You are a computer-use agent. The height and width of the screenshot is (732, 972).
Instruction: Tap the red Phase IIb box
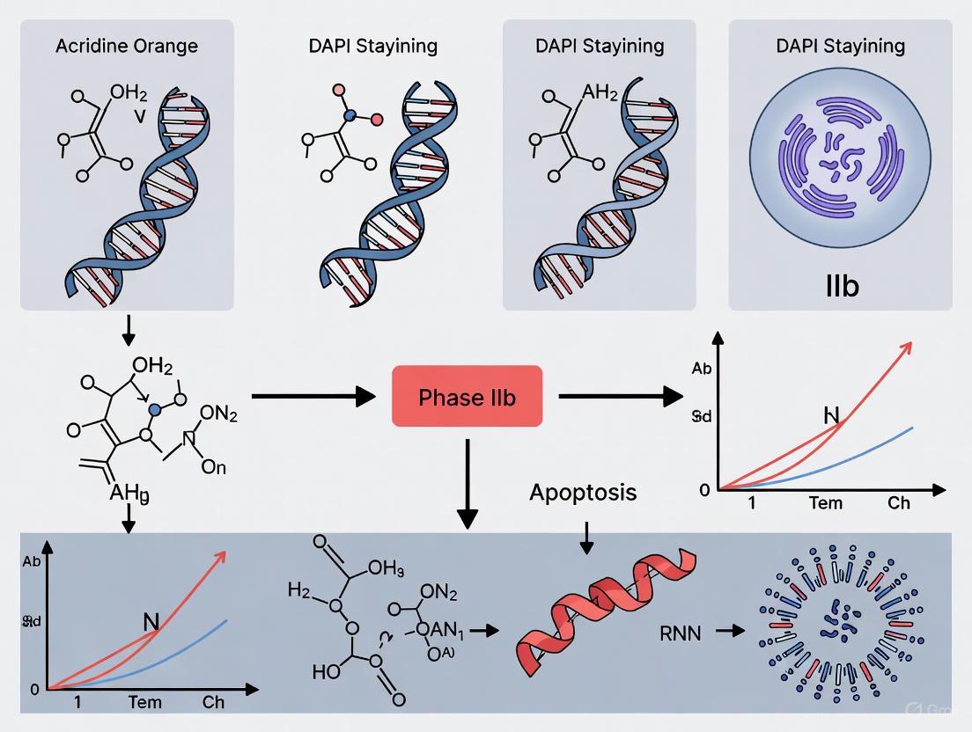[467, 397]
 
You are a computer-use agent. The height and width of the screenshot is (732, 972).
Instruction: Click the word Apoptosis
[582, 492]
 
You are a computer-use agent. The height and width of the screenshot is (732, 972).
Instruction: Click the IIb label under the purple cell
[842, 286]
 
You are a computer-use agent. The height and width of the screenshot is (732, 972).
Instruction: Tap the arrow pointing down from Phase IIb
[467, 484]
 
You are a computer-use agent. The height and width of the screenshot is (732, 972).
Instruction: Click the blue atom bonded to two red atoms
[350, 115]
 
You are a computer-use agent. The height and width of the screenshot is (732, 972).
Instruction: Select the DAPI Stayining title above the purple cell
[840, 46]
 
